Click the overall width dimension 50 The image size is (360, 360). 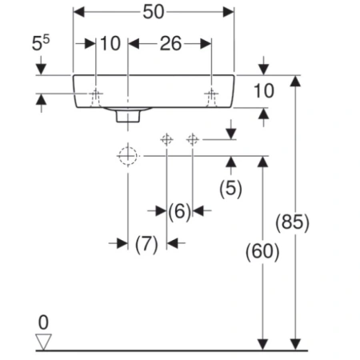tap(154, 12)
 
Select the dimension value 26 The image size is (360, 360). tap(170, 44)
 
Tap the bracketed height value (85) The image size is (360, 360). tap(292, 222)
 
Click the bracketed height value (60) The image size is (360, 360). tap(262, 252)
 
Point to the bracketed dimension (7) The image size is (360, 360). tap(146, 244)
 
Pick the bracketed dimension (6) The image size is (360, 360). tap(180, 212)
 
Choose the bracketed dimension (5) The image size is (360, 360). tap(230, 189)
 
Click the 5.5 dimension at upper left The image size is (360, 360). tap(41, 43)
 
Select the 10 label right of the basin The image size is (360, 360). tap(264, 91)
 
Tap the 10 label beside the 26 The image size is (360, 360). tap(110, 44)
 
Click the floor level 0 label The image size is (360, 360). tap(43, 322)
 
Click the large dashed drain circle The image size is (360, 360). tap(128, 156)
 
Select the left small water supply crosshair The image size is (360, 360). tap(166, 139)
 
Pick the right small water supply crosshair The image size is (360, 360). tap(193, 139)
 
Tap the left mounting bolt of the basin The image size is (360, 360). tap(96, 98)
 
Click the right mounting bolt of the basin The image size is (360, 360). tap(211, 98)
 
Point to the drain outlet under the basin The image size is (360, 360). tap(128, 116)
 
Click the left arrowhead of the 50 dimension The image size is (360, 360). tap(78, 12)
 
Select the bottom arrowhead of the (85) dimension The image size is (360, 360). tap(295, 345)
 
